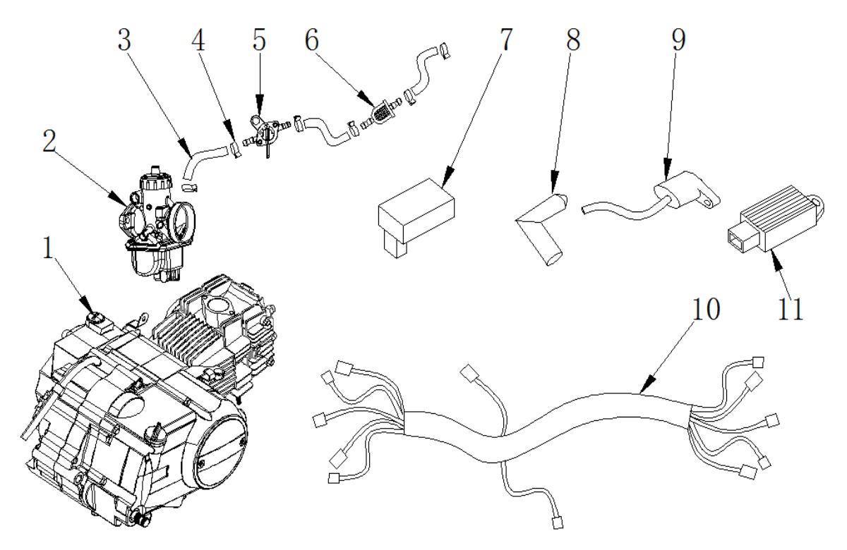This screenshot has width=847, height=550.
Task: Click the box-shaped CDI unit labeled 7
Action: [416, 212]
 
